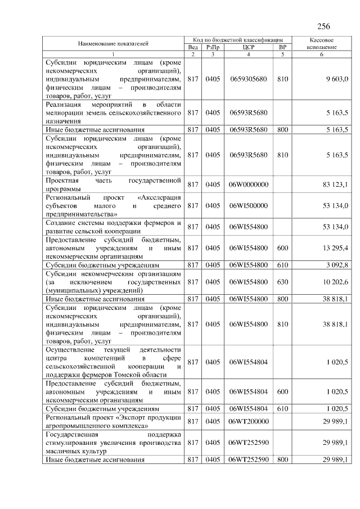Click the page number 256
[323, 26]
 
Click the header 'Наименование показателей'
[114, 43]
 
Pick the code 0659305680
[248, 79]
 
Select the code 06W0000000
[248, 184]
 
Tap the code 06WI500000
[248, 206]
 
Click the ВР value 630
[282, 282]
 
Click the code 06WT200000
[248, 421]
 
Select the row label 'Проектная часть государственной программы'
[114, 184]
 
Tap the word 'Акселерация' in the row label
[159, 198]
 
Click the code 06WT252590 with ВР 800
[248, 460]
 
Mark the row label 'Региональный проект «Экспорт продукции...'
[114, 421]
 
